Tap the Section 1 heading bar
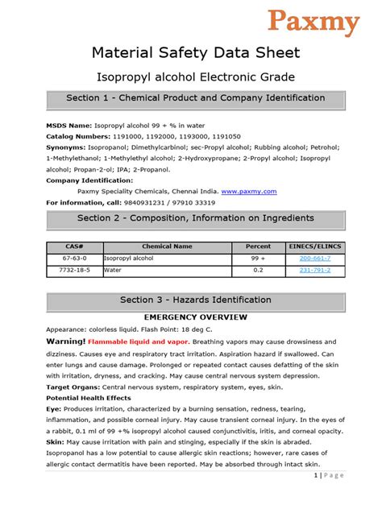(196, 99)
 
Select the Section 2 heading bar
(196, 219)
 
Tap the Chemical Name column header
(167, 246)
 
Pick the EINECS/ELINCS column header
(315, 246)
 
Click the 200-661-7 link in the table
(315, 259)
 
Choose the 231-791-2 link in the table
(315, 271)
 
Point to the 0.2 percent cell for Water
(258, 271)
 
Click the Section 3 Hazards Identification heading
(196, 300)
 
